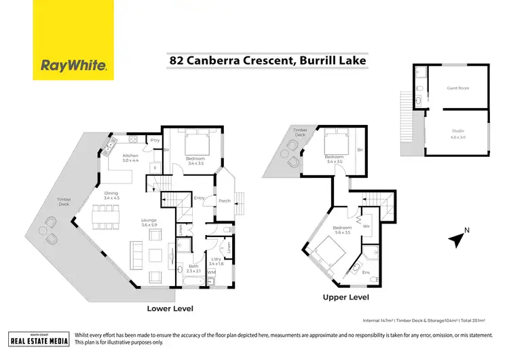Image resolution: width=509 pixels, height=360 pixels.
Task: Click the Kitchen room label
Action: pos(130,158)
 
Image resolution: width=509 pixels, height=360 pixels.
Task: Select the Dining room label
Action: pos(111,195)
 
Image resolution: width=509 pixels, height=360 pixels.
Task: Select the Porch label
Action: pos(224,200)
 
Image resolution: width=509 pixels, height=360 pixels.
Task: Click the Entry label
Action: pos(199,198)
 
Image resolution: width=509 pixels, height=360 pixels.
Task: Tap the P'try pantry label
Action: pos(155,141)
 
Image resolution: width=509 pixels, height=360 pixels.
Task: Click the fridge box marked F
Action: pos(155,166)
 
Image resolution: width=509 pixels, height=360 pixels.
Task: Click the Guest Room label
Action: pos(457,88)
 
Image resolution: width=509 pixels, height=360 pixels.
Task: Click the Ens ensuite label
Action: pos(366,272)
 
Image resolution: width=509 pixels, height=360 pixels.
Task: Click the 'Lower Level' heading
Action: pos(170,308)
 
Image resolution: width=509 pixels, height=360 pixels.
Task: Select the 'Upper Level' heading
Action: pos(345,298)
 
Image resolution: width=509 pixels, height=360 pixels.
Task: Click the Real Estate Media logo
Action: pos(39,340)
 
